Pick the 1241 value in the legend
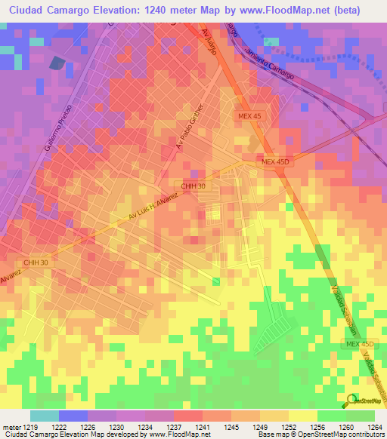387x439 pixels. (x=202, y=427)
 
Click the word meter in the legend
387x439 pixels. (x=11, y=427)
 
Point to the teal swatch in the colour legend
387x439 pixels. (x=45, y=416)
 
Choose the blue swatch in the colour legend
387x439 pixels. (x=73, y=416)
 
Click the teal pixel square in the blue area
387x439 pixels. (x=7, y=50)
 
